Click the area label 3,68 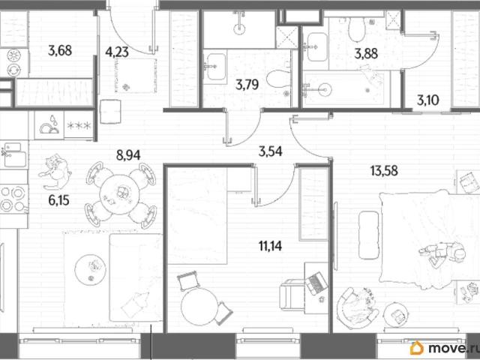[60, 50]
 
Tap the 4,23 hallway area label [117, 52]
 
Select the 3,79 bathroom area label [247, 85]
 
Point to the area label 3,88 [366, 54]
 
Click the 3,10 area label [428, 100]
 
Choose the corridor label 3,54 [270, 151]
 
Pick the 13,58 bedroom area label [384, 171]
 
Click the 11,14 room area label [270, 246]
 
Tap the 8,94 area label [128, 155]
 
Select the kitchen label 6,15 [58, 200]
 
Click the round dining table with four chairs [120, 195]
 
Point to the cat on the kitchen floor [55, 172]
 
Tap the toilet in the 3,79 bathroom [278, 78]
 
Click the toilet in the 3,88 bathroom [357, 28]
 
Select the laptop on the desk [316, 283]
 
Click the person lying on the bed [442, 253]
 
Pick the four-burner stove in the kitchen [13, 199]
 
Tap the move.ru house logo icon [417, 348]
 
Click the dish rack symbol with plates [49, 125]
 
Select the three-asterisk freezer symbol [79, 125]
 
